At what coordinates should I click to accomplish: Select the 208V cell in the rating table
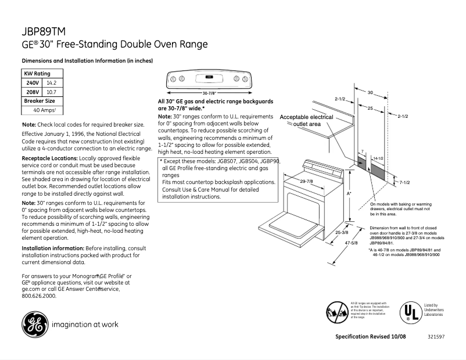(x=33, y=92)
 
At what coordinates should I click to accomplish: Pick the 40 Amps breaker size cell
(x=44, y=110)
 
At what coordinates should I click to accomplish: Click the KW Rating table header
(x=37, y=74)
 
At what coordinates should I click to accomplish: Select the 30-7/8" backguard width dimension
(x=209, y=92)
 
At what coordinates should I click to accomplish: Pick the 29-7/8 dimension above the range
(x=306, y=182)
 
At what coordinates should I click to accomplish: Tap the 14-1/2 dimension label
(x=378, y=158)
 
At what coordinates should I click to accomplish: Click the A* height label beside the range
(x=349, y=192)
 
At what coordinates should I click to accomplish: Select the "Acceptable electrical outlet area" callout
(x=306, y=120)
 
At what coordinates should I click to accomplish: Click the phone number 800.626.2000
(x=39, y=296)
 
